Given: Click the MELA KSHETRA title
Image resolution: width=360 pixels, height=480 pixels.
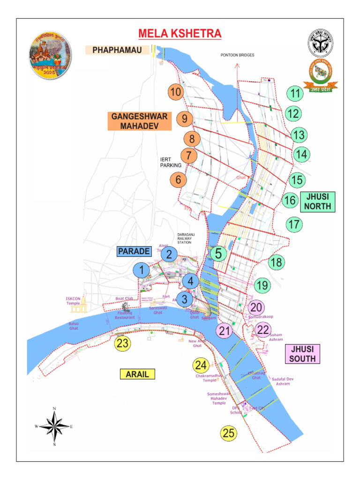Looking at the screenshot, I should [180, 34].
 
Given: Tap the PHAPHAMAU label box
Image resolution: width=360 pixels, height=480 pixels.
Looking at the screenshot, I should [117, 50].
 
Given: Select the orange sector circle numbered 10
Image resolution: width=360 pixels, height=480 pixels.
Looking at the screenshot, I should [176, 92].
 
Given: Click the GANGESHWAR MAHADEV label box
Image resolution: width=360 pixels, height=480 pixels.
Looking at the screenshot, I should [140, 121].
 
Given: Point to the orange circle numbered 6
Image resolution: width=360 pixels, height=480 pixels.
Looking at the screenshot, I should [178, 179].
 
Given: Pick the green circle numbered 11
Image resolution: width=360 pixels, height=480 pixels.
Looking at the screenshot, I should [294, 94].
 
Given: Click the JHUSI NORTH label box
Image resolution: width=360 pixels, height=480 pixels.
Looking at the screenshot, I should [317, 202].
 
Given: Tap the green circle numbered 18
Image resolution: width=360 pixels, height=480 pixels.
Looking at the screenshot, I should [277, 262].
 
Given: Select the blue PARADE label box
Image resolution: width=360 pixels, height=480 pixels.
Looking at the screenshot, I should [134, 252].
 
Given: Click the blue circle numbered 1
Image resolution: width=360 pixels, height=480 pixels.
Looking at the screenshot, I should [141, 270].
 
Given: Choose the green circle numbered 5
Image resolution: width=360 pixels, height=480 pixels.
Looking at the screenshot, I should [218, 254].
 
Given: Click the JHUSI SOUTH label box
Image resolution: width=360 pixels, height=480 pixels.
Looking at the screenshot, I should [302, 354].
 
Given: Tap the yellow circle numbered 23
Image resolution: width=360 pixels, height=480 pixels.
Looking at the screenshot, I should [122, 344].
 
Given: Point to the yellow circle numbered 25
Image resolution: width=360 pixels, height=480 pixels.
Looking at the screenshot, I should [229, 434].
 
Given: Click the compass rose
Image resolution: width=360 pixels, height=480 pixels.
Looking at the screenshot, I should [54, 427].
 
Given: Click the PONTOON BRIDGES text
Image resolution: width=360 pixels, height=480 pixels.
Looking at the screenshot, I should [237, 55].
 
